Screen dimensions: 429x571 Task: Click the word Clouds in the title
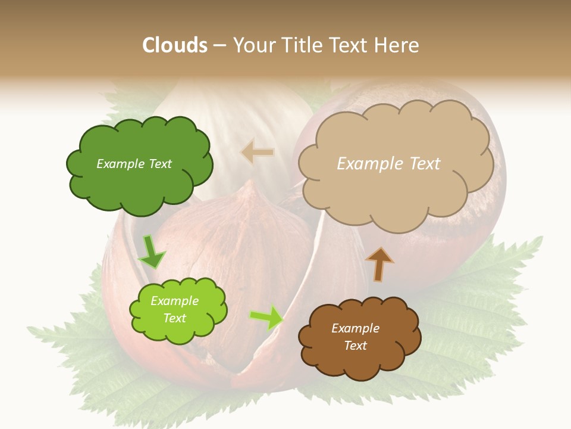(175, 45)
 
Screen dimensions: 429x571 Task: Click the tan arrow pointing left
(257, 153)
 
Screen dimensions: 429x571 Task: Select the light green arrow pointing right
(266, 318)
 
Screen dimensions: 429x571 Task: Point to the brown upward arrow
(379, 265)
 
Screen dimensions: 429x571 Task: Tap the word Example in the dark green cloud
(121, 164)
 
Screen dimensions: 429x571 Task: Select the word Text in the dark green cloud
(160, 164)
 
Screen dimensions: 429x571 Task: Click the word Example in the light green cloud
(175, 301)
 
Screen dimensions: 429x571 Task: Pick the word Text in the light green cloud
(175, 318)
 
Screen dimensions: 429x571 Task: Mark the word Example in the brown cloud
(355, 328)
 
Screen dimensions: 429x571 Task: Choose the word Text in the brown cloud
(355, 346)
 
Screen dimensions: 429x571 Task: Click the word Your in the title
(254, 45)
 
